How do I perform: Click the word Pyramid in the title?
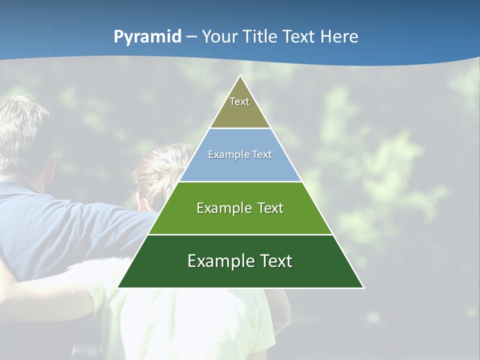click(147, 37)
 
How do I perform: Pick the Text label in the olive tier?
click(239, 101)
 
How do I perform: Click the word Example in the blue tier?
click(227, 154)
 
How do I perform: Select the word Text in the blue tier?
click(262, 154)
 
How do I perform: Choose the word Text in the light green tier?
click(270, 208)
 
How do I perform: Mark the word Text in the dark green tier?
click(275, 261)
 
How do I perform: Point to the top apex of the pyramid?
click(240, 76)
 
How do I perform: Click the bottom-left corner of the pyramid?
click(118, 287)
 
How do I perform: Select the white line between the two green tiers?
click(240, 234)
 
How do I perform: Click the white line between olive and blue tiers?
click(240, 128)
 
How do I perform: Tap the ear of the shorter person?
click(142, 202)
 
